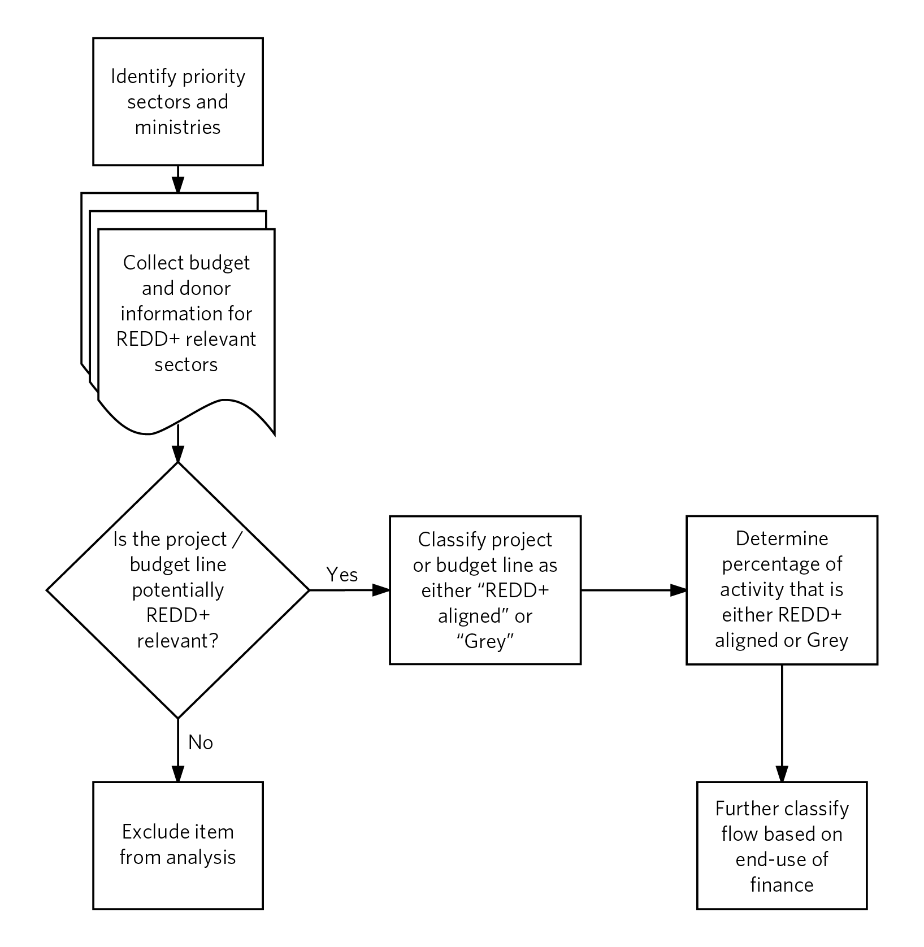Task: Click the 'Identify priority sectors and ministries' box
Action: click(178, 102)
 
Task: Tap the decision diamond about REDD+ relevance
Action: click(178, 590)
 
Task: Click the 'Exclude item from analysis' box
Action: click(178, 845)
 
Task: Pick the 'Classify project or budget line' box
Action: click(485, 590)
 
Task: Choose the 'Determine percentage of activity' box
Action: click(782, 590)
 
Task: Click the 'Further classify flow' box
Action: click(782, 845)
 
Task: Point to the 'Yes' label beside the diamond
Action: click(342, 575)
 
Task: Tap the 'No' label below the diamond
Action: click(201, 742)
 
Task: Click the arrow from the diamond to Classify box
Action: click(350, 590)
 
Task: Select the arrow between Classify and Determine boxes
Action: click(634, 590)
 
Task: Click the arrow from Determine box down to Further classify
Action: click(782, 723)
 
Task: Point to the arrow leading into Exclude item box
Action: click(178, 750)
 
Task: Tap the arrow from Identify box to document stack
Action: click(178, 179)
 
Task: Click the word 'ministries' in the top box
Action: click(178, 127)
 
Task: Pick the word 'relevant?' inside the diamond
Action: click(178, 641)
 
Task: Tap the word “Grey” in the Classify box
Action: click(485, 642)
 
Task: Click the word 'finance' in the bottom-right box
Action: click(782, 885)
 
